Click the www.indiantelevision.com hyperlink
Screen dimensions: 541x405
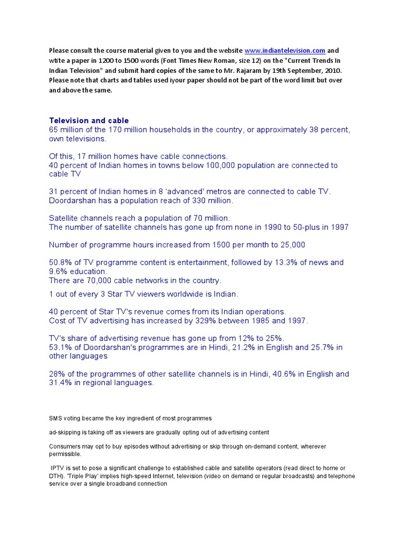coord(285,51)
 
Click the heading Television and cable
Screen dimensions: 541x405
coord(89,120)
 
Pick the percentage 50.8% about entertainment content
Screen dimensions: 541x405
coord(61,263)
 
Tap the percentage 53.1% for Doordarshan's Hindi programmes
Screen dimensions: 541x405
coord(61,347)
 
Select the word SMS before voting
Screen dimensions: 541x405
coord(55,418)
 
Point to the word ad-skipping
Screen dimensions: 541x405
coord(67,432)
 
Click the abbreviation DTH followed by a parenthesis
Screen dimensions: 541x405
coord(56,476)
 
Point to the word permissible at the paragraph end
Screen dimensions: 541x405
coord(65,454)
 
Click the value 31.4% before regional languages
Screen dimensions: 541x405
coord(61,383)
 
